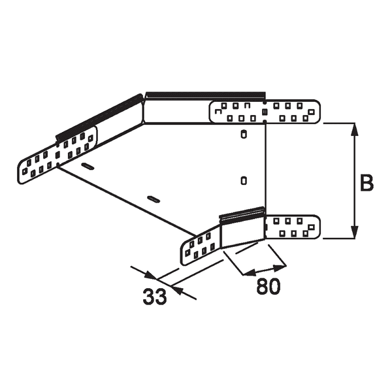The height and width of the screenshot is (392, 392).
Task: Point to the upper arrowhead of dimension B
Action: tap(355, 129)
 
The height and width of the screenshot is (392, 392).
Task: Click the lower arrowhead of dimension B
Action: tap(355, 233)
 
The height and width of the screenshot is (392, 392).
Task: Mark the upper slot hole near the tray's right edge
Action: tap(243, 135)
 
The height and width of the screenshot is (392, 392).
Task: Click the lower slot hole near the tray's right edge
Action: tap(243, 178)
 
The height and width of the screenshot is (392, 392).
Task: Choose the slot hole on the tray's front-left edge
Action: tap(153, 198)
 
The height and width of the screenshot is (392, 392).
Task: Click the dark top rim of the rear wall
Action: tap(205, 95)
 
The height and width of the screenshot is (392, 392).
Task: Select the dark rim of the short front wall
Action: tap(242, 214)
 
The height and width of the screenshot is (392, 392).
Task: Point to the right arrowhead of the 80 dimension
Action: tap(283, 266)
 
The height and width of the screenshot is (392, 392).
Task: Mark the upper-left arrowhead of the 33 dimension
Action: tap(148, 276)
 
